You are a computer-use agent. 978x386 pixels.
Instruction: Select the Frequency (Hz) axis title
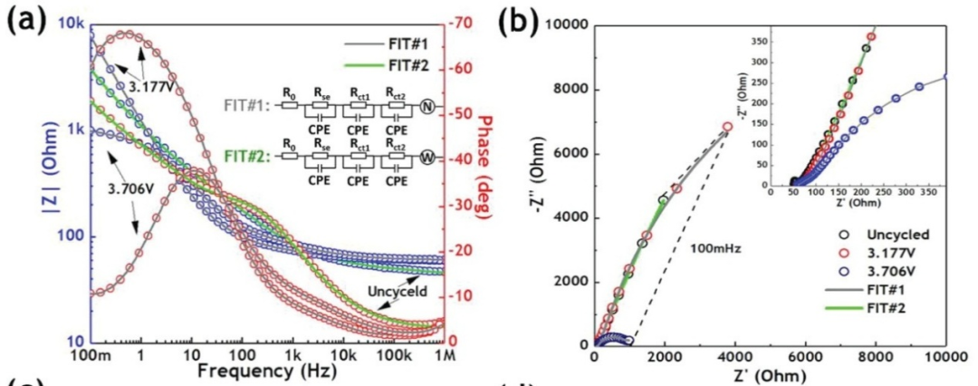pyautogui.click(x=259, y=371)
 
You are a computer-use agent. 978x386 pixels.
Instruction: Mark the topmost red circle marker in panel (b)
pyautogui.click(x=727, y=127)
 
